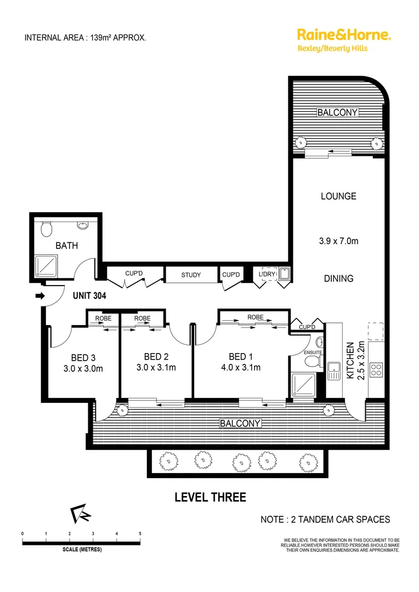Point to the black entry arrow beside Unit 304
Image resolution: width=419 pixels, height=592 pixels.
(39, 297)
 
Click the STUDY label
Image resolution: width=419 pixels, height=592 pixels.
(191, 275)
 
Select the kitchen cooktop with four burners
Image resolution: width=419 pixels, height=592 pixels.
(377, 370)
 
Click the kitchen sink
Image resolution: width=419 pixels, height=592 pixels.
(334, 371)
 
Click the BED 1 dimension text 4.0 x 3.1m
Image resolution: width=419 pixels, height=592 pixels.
(240, 367)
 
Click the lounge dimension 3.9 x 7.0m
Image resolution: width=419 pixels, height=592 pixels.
(338, 241)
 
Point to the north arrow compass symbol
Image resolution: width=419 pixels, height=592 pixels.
(80, 514)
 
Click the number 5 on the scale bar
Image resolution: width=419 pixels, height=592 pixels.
(140, 533)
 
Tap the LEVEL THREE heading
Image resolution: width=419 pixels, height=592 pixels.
(210, 497)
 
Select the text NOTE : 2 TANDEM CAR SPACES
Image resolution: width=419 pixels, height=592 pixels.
(325, 519)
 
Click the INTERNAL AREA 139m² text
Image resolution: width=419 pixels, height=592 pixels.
(85, 38)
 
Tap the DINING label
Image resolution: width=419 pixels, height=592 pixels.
(338, 278)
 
